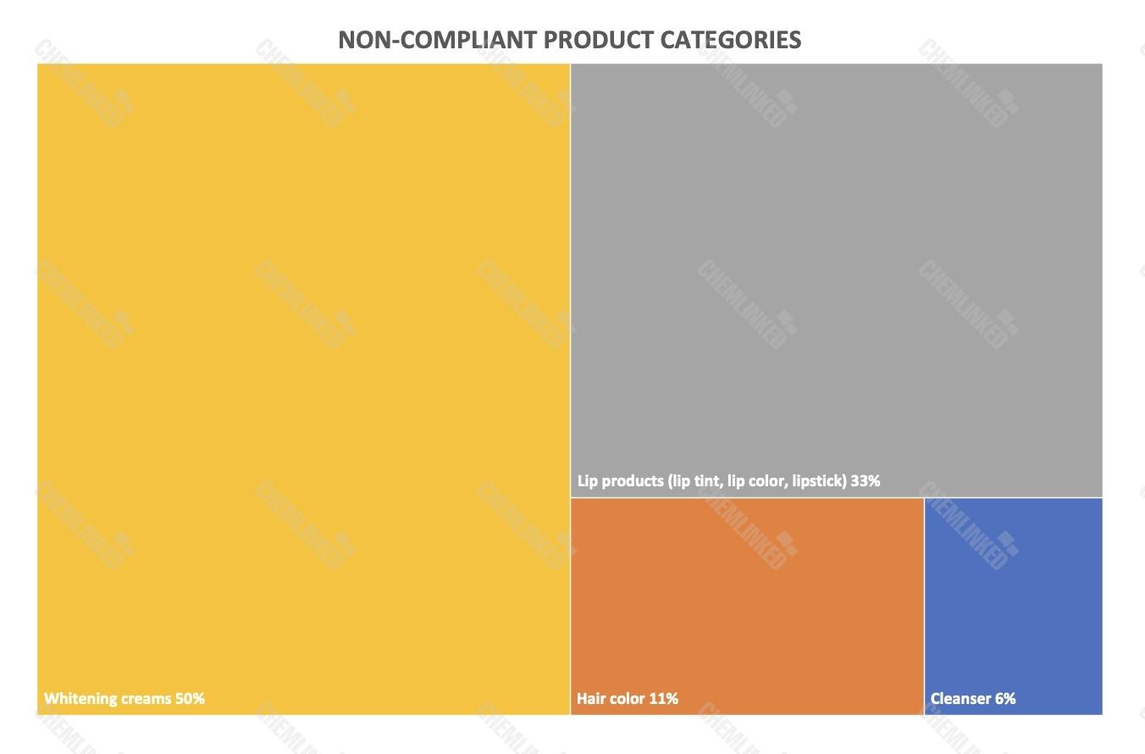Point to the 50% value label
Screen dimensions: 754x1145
pyautogui.click(x=190, y=699)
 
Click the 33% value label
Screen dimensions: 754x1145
pyautogui.click(x=866, y=481)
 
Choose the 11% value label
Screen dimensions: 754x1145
pyautogui.click(x=664, y=699)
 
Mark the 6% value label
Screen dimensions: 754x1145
pyautogui.click(x=1005, y=699)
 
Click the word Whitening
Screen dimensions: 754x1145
pyautogui.click(x=80, y=699)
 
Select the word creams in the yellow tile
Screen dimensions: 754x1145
pyautogui.click(x=146, y=699)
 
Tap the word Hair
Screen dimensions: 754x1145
pyautogui.click(x=591, y=699)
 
